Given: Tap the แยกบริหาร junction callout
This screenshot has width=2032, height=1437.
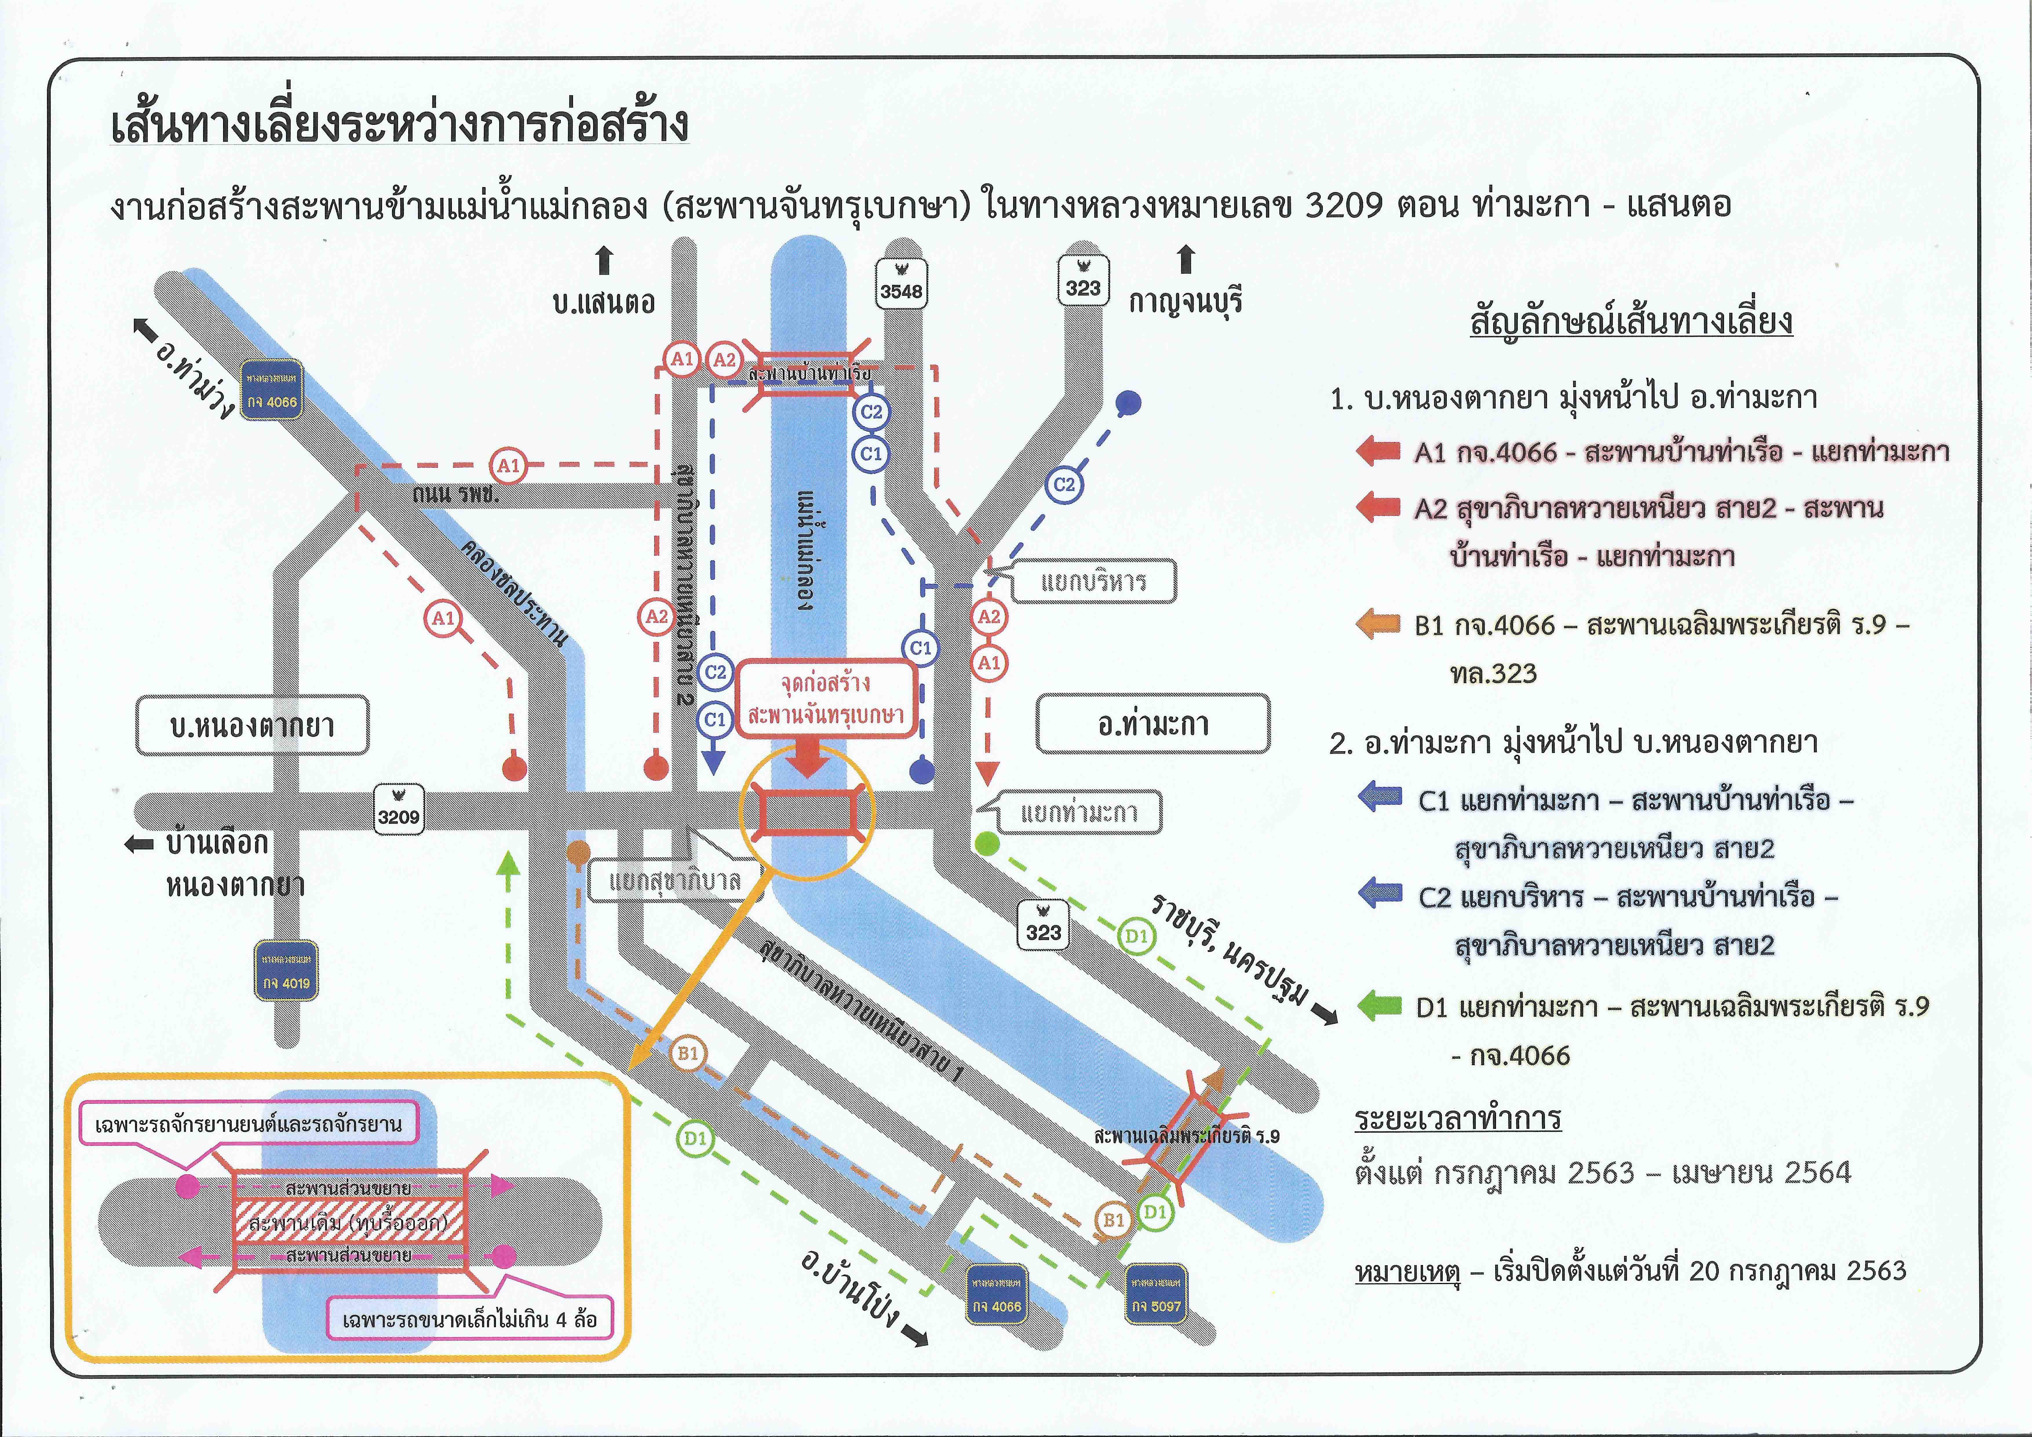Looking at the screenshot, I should (1094, 581).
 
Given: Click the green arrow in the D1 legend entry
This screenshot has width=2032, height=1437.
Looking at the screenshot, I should (1379, 1006).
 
